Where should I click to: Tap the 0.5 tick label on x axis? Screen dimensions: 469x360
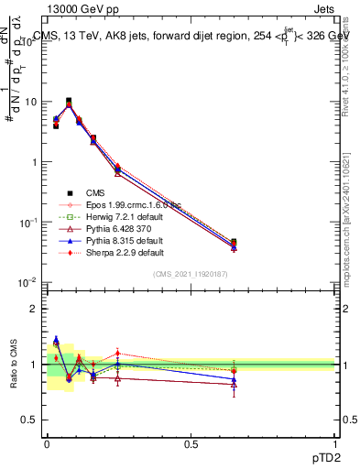[191, 442]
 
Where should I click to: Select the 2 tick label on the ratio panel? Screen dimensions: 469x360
[33, 309]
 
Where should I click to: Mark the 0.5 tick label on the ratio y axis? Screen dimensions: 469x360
[28, 420]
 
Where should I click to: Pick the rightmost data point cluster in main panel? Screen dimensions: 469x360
[234, 244]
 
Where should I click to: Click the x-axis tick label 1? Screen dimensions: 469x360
[335, 442]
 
